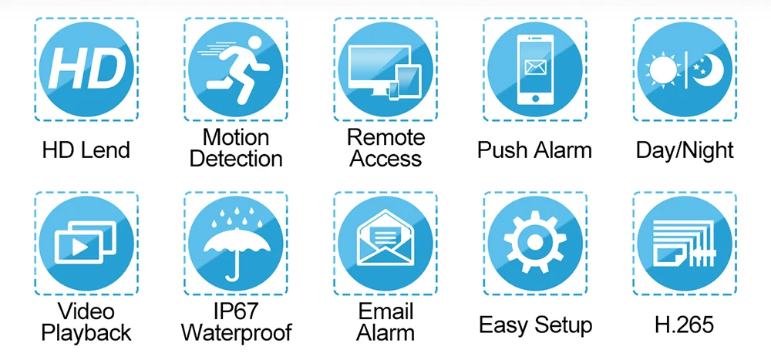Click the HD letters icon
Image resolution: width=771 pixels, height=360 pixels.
pos(86,69)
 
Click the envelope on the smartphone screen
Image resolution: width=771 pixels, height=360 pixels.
pos(535,67)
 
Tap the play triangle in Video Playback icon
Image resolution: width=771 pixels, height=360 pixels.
pos(79,247)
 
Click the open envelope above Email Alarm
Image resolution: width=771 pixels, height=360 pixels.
pos(385,238)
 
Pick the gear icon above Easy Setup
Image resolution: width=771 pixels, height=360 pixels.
pos(535,242)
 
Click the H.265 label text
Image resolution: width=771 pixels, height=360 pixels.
pos(684,325)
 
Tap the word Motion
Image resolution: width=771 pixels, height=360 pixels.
pos(236,137)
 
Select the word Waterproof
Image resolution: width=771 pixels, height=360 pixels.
pos(236,333)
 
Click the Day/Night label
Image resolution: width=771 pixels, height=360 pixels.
pos(685,150)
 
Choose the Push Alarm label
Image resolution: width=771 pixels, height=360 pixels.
pos(534,150)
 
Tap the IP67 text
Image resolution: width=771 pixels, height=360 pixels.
pos(237,311)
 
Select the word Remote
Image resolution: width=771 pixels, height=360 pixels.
pos(386,137)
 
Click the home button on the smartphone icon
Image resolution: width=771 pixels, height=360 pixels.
pos(535,99)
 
